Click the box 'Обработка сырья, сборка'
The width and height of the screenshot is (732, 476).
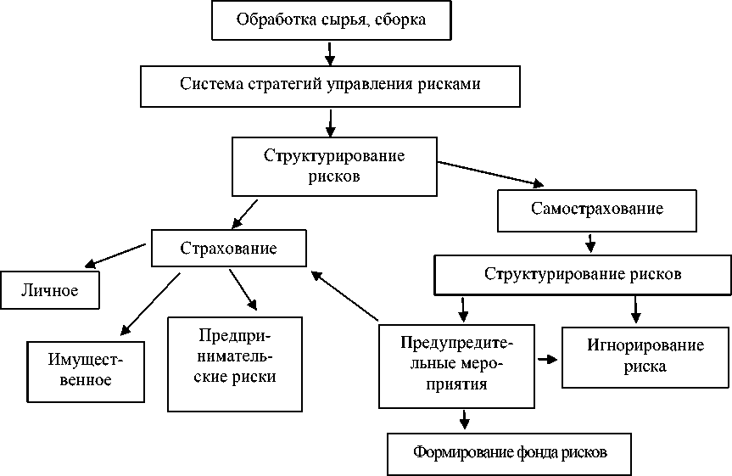click(x=330, y=20)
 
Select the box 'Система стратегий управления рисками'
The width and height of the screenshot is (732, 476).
click(x=330, y=86)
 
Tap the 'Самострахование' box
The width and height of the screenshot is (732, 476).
click(x=596, y=209)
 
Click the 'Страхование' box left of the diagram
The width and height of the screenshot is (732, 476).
click(x=229, y=249)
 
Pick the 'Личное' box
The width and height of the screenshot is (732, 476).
click(x=50, y=291)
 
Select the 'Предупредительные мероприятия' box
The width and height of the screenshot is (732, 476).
click(x=457, y=363)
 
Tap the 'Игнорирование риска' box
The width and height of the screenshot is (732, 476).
click(x=645, y=356)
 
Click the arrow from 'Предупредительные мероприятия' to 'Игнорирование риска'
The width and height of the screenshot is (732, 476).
click(x=547, y=359)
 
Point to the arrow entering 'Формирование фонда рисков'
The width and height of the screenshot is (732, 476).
click(x=464, y=418)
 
